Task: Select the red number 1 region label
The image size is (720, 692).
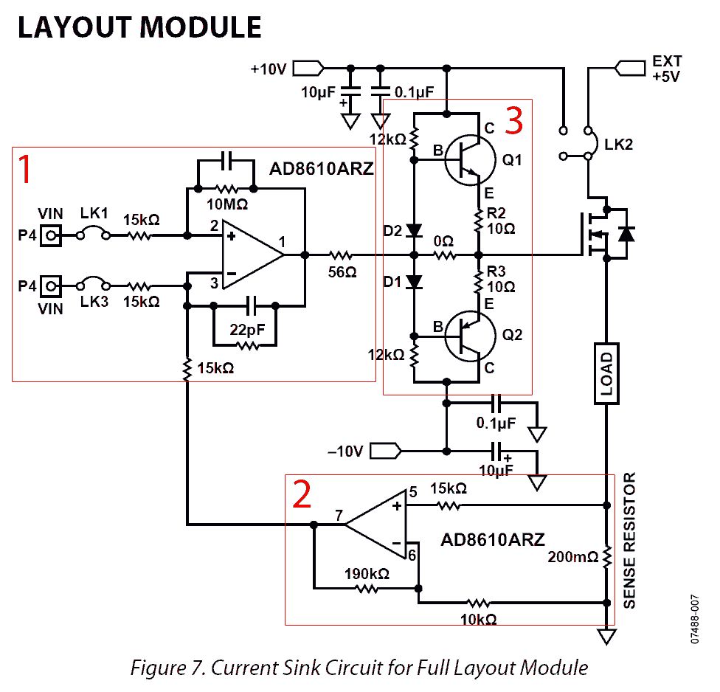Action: (x=27, y=170)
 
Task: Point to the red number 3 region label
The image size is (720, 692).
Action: (x=514, y=120)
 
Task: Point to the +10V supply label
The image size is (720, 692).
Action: (x=268, y=69)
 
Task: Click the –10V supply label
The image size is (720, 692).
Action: (x=344, y=450)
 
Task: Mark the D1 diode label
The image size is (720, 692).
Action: (x=392, y=281)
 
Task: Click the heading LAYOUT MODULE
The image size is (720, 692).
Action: (x=139, y=27)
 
